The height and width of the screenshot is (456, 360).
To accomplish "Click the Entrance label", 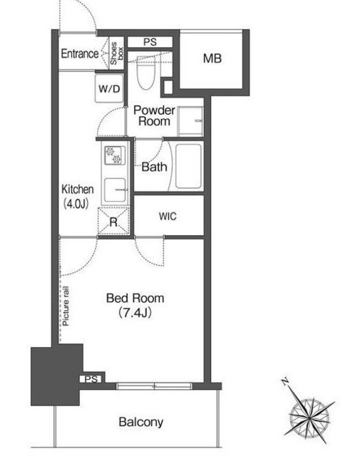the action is (80, 54).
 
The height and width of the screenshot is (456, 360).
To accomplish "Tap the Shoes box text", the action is (116, 53).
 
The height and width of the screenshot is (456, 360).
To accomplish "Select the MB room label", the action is (212, 58).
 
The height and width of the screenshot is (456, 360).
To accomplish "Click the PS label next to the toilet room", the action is (150, 42).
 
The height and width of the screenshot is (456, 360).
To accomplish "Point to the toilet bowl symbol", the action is (146, 73).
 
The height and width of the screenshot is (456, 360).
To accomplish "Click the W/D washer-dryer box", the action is (109, 88).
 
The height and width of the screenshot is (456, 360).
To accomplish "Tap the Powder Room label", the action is (154, 115).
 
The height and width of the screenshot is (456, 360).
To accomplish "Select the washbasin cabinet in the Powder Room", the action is (190, 121).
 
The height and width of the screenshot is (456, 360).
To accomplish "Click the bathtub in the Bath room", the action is (189, 166).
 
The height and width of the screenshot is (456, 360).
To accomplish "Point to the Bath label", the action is (154, 167).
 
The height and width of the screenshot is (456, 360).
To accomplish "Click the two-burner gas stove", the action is (115, 155).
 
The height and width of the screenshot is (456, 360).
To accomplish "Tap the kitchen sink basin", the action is (115, 190).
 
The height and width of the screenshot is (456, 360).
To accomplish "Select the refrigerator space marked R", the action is (113, 222).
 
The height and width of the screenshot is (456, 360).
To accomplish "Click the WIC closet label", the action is (168, 217).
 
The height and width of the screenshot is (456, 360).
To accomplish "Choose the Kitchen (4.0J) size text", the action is (78, 197).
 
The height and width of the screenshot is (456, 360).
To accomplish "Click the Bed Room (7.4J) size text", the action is (135, 306).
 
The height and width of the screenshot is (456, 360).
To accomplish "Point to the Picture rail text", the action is (66, 306).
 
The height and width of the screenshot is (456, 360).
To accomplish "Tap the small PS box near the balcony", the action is (91, 379).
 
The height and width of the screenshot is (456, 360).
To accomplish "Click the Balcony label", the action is (141, 422).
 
